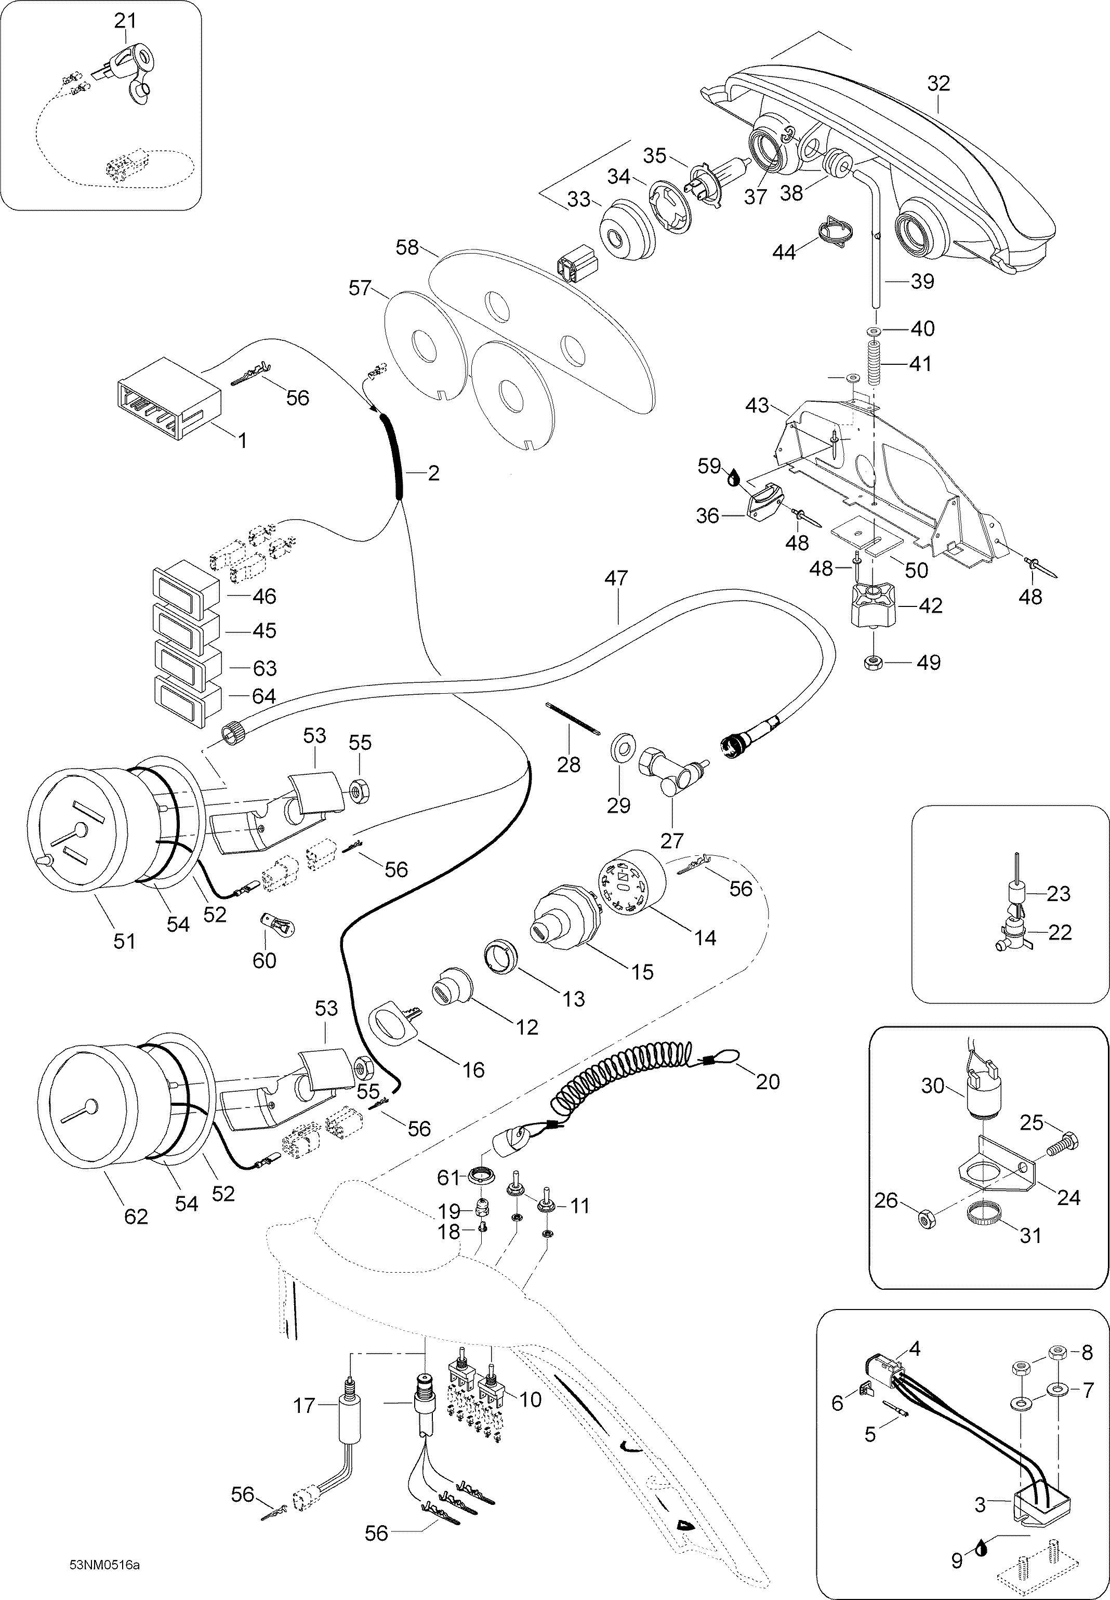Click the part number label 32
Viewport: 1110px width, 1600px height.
click(938, 84)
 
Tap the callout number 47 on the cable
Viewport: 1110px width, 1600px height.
click(616, 578)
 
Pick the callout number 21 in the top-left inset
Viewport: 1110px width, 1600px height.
click(125, 21)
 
